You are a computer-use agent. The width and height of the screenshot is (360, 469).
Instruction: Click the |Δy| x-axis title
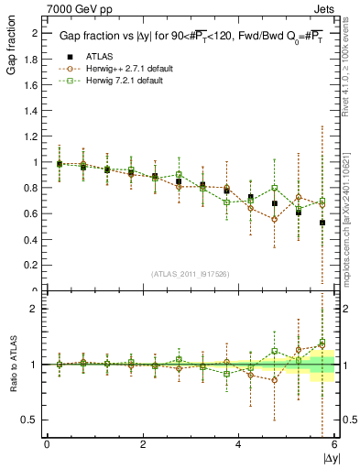[330, 456]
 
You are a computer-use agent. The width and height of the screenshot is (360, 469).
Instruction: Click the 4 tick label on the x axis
[238, 445]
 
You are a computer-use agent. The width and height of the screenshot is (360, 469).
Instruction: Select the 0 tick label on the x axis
[47, 445]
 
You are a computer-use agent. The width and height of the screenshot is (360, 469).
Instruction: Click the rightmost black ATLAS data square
[322, 223]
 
